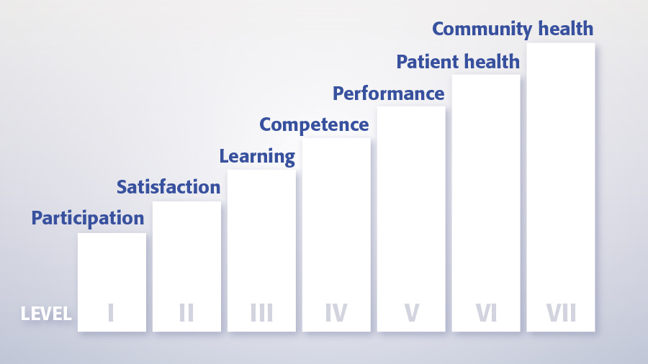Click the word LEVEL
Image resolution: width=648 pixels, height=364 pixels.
tap(46, 314)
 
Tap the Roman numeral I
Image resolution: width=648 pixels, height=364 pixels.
tap(111, 312)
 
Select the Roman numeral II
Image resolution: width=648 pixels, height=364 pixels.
tap(186, 312)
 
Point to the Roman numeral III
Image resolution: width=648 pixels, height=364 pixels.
tap(261, 312)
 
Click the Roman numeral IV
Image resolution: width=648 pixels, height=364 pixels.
tap(336, 312)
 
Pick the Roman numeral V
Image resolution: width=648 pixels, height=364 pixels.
tap(412, 312)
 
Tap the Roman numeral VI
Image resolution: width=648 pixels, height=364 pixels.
tap(486, 312)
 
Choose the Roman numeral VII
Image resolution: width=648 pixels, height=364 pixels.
tap(561, 312)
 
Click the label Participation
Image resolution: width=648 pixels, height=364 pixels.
tap(88, 218)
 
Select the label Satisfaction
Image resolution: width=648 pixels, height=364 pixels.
tap(168, 187)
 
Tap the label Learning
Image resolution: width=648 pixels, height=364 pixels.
tap(257, 157)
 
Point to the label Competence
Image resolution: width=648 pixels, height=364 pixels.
tap(314, 125)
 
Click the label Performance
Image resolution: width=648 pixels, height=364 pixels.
tap(389, 94)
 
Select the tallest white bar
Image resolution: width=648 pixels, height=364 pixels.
tap(561, 187)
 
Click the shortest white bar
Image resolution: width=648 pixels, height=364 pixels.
tap(112, 282)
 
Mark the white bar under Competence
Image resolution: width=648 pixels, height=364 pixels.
tap(336, 235)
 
